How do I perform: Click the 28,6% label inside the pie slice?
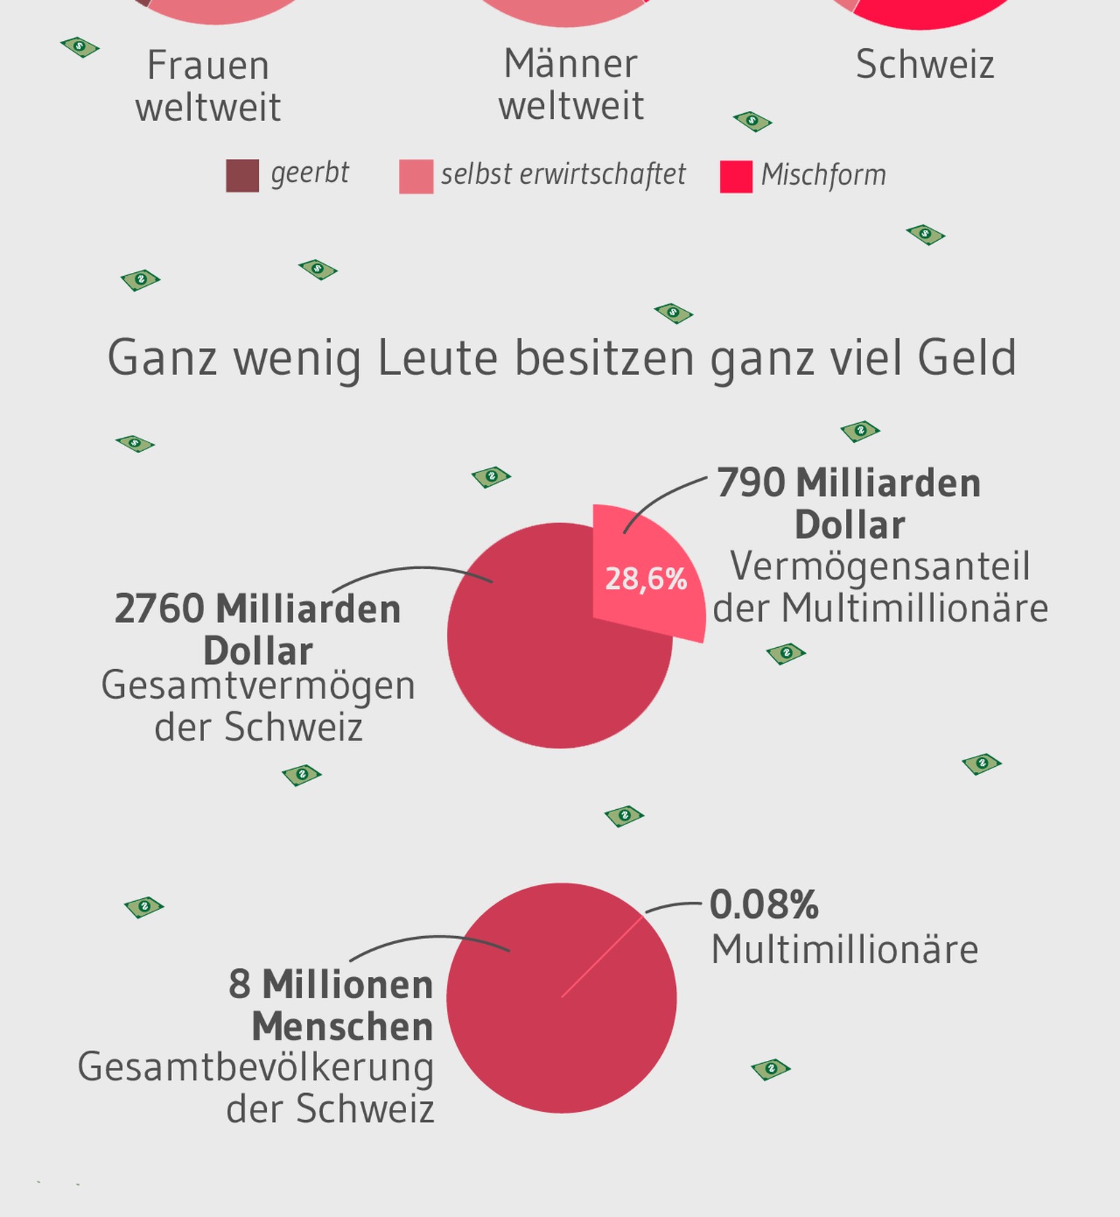click(x=646, y=579)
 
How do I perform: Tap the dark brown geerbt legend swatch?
click(x=242, y=176)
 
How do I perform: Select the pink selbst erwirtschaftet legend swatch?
click(x=416, y=177)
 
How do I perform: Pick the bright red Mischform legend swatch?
click(x=736, y=177)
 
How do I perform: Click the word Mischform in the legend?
click(x=823, y=175)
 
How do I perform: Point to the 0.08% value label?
click(x=764, y=905)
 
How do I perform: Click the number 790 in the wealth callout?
click(x=751, y=483)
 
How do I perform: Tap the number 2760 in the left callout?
click(x=159, y=608)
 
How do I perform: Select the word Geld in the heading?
click(x=967, y=358)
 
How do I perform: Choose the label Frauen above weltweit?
click(x=209, y=66)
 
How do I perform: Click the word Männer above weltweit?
click(x=571, y=64)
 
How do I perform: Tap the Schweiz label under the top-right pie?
click(x=925, y=64)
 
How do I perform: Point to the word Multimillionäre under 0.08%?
click(x=844, y=950)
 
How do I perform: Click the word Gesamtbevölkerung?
click(x=256, y=1067)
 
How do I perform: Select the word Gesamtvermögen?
click(x=258, y=686)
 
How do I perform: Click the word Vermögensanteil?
click(x=880, y=566)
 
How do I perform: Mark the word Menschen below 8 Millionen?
click(x=343, y=1027)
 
